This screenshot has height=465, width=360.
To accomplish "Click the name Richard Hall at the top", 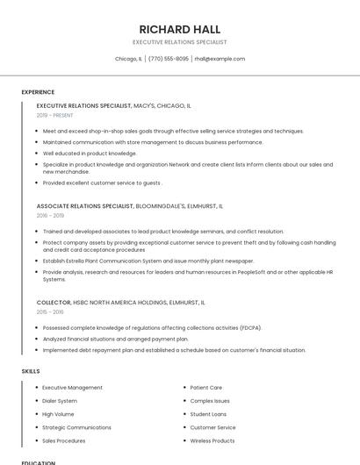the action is point(179,29).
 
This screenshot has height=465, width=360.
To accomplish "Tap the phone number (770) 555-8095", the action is point(169,59).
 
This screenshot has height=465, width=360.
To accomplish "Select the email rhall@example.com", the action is point(220,59).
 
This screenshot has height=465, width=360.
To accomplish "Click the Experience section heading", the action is point(38,92).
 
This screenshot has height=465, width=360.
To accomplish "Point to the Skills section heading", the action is point(31,371).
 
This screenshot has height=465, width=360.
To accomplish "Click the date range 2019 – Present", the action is point(54,115).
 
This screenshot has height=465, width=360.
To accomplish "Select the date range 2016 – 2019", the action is point(50,215).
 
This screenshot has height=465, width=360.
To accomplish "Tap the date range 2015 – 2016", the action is point(50,311).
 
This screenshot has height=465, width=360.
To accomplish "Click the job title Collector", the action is point(54,302).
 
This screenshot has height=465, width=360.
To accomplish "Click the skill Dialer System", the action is point(60,400).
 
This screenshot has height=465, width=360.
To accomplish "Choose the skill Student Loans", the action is point(208,414).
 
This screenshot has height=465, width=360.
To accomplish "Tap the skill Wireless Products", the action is point(212,440).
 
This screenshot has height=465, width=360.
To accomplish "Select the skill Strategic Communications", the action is point(76,427).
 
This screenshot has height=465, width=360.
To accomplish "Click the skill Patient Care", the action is point(206,387).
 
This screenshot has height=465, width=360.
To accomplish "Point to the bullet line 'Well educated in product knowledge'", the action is point(90,153).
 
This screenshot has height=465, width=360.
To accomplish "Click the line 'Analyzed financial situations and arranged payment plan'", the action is point(115,339).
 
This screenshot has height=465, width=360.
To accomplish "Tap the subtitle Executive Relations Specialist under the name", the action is point(179,42).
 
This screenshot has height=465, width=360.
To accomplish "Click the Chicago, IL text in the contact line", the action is point(128,59).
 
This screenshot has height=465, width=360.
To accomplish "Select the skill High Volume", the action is point(58,414).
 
